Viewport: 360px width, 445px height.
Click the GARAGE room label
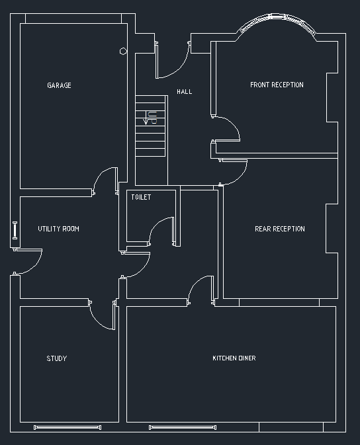[59, 85]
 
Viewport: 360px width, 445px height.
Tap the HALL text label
[185, 92]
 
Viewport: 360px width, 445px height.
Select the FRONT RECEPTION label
[277, 85]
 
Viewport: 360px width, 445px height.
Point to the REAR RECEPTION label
[279, 229]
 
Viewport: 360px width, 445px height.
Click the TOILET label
[141, 197]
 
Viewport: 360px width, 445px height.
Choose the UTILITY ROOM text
[58, 229]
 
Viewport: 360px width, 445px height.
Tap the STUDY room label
[56, 358]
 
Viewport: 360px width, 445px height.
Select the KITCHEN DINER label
[234, 358]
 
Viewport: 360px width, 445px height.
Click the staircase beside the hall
[151, 126]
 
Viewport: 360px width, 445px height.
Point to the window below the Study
[67, 428]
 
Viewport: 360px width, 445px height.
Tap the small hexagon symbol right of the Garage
[123, 51]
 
